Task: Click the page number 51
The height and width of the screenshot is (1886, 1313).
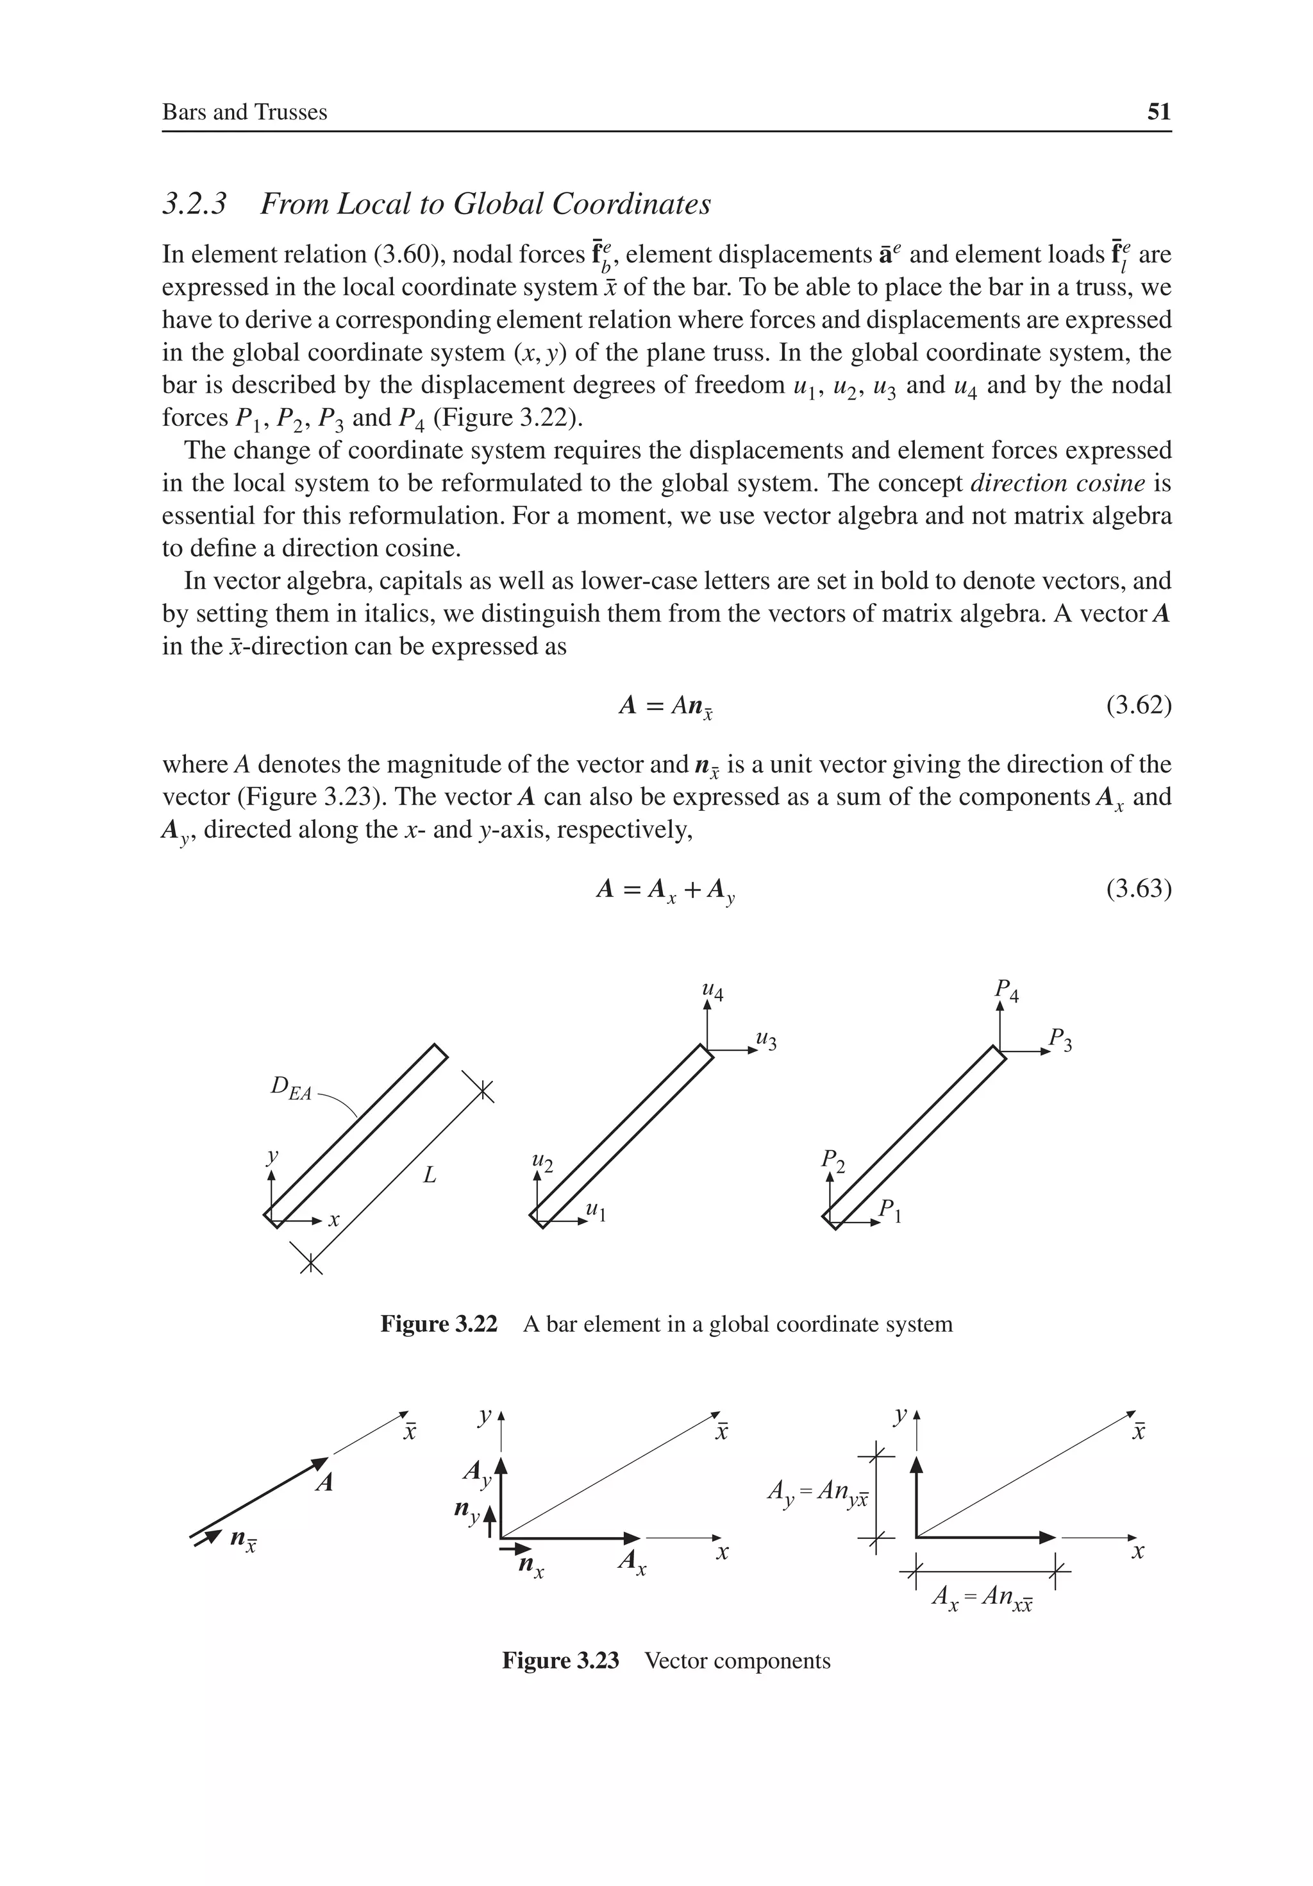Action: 1158,112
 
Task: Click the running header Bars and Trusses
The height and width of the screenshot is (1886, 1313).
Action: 245,112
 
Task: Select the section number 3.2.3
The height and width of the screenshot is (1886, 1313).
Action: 195,204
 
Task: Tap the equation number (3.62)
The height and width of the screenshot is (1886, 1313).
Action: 1138,705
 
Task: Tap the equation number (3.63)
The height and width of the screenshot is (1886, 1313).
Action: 1138,888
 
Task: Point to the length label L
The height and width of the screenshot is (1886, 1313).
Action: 430,1177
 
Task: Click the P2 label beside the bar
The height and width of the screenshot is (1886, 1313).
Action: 833,1160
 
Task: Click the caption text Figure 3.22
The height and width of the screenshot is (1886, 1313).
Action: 439,1324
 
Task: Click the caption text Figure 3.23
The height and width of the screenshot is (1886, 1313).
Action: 561,1661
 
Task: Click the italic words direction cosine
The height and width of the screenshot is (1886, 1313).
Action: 1057,483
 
